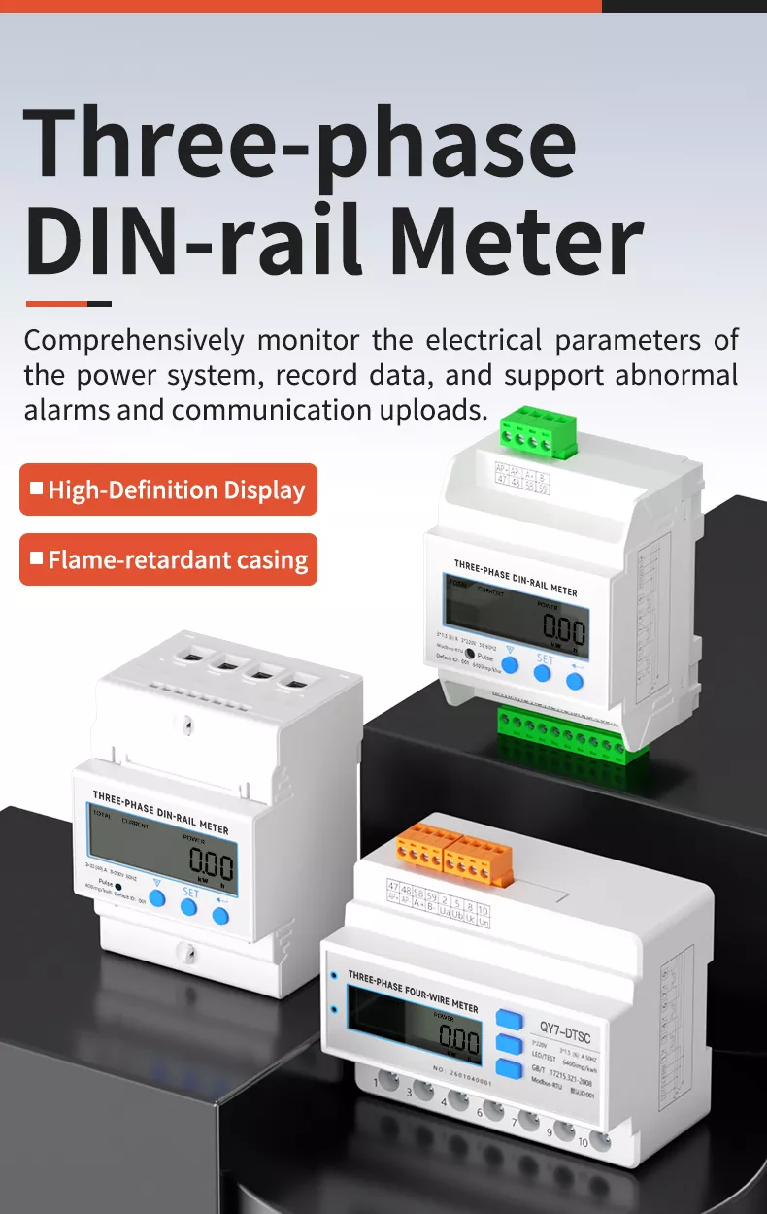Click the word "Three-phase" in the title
pyautogui.click(x=299, y=144)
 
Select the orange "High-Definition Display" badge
pyautogui.click(x=168, y=489)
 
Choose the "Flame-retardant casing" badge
pyautogui.click(x=168, y=559)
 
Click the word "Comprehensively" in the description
pyautogui.click(x=134, y=341)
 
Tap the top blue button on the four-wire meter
pyautogui.click(x=507, y=1019)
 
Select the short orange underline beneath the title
pyautogui.click(x=68, y=304)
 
